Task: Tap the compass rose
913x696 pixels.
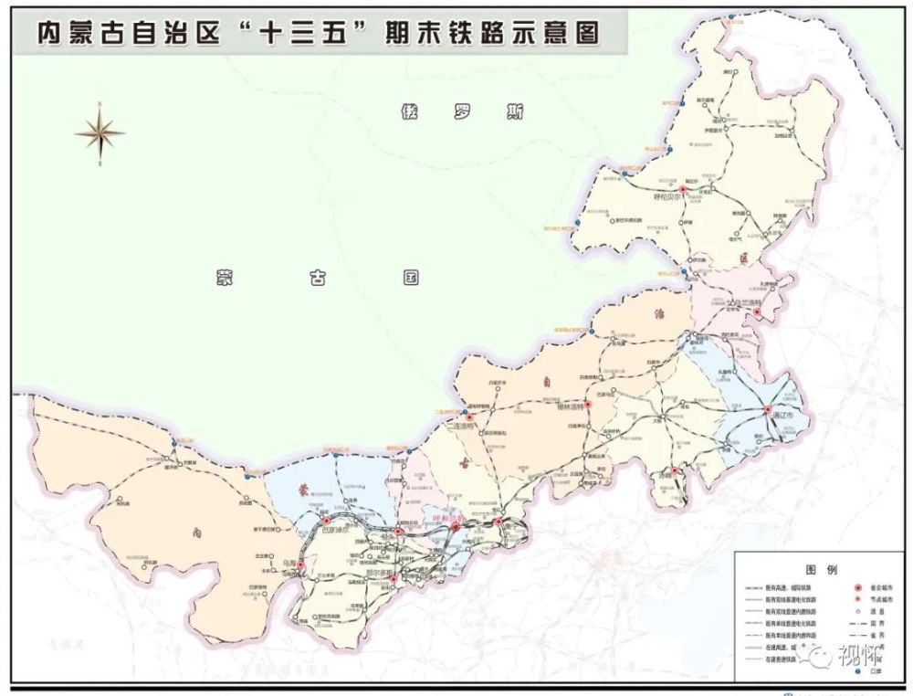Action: pyautogui.click(x=100, y=134)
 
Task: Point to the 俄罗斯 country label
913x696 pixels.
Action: pyautogui.click(x=462, y=113)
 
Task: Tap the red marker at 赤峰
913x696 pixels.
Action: pyautogui.click(x=678, y=473)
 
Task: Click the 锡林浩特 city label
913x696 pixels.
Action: pyautogui.click(x=573, y=409)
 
